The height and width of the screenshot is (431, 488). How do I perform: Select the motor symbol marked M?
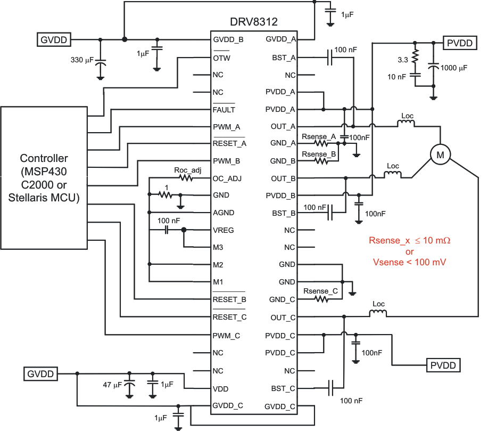coord(440,154)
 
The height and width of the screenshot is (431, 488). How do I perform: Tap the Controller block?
coord(44,178)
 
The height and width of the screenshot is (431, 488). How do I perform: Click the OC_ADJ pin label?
coord(227,178)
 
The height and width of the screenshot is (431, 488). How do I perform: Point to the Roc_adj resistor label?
coord(187,170)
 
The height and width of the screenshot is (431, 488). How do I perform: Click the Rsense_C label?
coord(320,291)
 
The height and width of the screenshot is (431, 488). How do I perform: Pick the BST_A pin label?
coord(284,58)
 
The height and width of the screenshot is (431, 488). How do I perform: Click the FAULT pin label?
coord(224,110)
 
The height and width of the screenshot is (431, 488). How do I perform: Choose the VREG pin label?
coord(224,230)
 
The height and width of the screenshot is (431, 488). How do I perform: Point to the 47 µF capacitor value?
coord(112,384)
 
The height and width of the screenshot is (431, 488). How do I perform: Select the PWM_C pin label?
coord(226,335)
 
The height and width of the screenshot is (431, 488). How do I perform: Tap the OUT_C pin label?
coord(283,318)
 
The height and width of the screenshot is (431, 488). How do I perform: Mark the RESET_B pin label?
coord(229,299)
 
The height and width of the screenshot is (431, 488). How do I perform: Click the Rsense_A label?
coord(319,137)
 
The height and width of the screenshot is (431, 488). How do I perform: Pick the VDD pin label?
coord(220,388)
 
